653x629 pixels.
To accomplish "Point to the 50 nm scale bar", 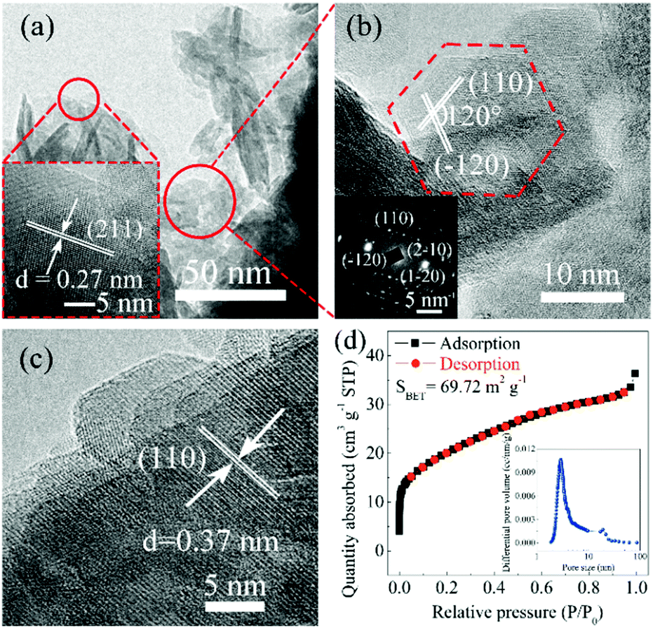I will [231, 295].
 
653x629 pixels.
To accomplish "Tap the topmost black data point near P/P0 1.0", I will [635, 374].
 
